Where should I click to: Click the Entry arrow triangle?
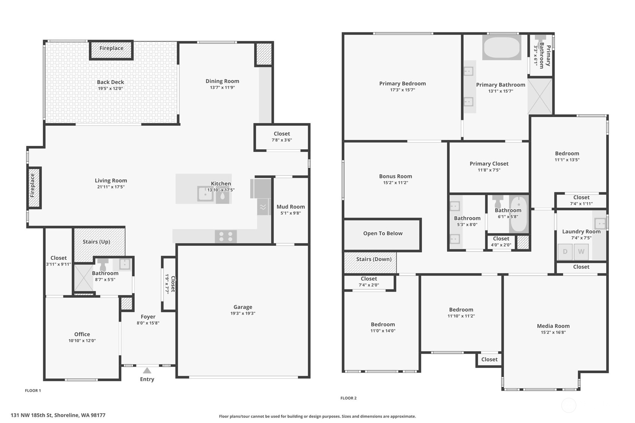pos(147,370)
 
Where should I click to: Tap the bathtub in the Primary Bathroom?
pos(501,48)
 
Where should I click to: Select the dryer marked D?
pos(565,252)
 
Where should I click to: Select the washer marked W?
pos(581,252)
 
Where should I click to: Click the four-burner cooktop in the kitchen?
pos(226,236)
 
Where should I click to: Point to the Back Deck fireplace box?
pos(111,50)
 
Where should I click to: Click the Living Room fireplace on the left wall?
pos(34,187)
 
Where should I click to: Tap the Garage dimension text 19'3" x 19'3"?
pos(242,313)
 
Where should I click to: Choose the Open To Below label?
pos(382,233)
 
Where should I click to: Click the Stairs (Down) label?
pos(373,259)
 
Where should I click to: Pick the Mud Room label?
pos(290,207)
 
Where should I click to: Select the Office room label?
pos(82,334)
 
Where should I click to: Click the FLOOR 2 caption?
pos(348,398)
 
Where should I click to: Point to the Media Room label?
pos(553,326)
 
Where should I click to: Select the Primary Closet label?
pos(489,164)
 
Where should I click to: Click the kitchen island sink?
pos(205,194)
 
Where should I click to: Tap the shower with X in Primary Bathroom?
pos(540,96)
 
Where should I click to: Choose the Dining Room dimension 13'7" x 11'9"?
pos(222,88)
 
